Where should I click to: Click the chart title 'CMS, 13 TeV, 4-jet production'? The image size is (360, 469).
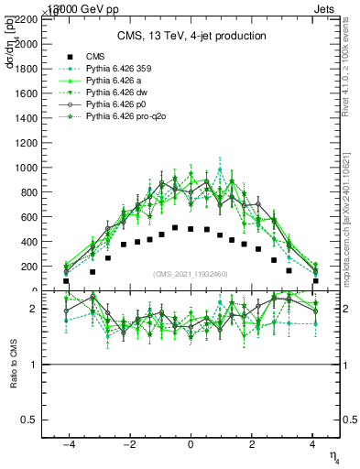point(191,37)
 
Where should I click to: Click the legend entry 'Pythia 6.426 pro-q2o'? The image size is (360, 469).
point(120,119)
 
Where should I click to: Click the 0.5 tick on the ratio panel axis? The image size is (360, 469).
point(40,420)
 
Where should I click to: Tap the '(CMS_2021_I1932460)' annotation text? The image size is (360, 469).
point(191,275)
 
